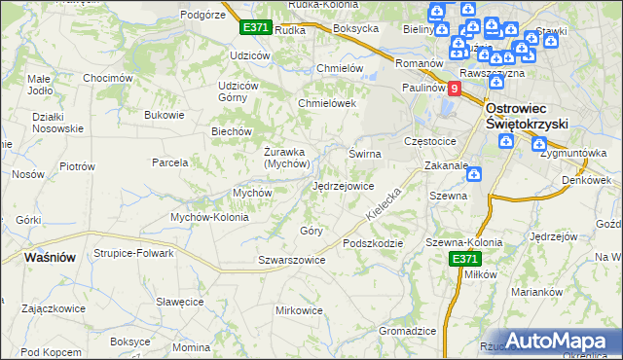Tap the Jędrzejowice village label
[x=343, y=186]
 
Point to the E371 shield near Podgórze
[x=256, y=28]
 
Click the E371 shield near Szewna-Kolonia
[x=463, y=259]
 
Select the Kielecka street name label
[x=384, y=203]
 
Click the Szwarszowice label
[x=291, y=260]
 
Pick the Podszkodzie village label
[x=371, y=242]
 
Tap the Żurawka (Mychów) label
[x=287, y=157]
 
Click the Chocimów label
[x=107, y=78]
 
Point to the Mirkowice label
[x=299, y=310]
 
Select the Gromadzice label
[x=407, y=331]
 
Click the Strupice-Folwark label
[x=133, y=253]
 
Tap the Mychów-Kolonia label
[x=209, y=217]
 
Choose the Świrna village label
[x=365, y=154]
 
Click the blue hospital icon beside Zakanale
[x=473, y=175]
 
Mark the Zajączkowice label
[x=53, y=307]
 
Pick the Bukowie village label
[x=164, y=116]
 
